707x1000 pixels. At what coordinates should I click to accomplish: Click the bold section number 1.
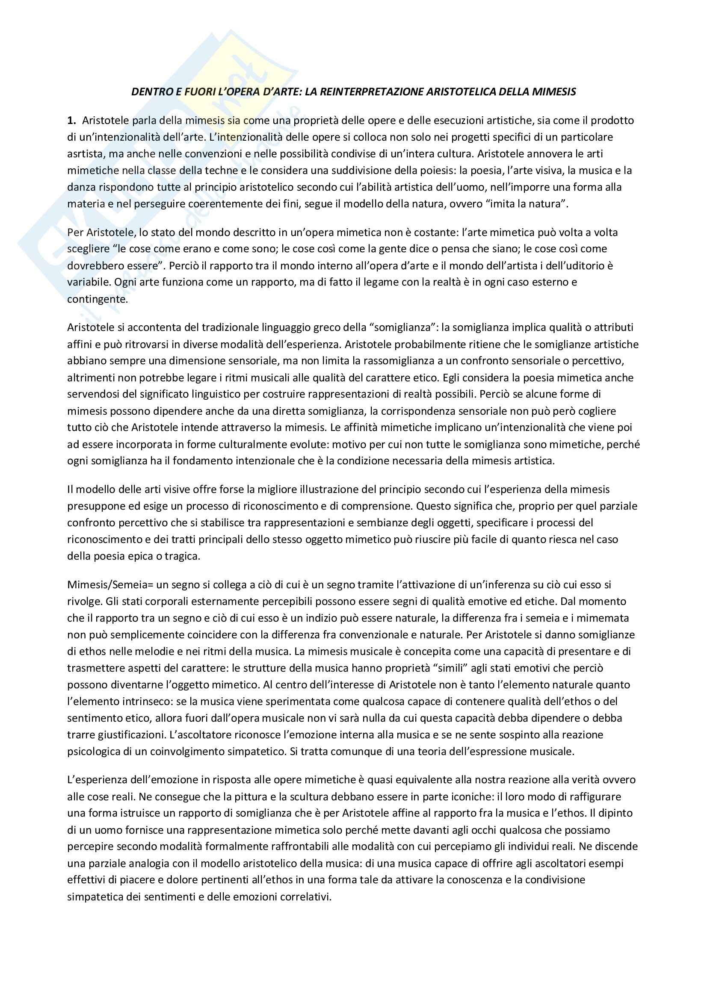71,121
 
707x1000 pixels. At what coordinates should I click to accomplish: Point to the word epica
145,557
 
